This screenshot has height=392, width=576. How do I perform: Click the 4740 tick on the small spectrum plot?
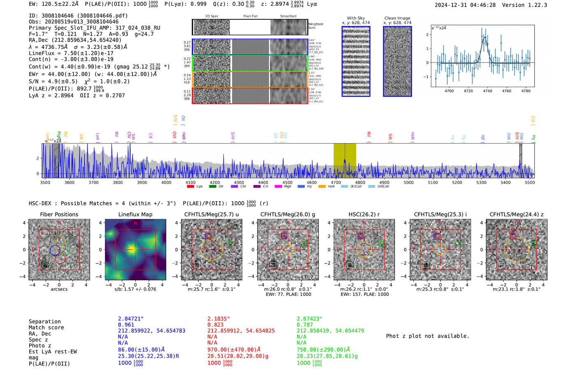click(488, 91)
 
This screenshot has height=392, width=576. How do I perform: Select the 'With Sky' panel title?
click(356, 18)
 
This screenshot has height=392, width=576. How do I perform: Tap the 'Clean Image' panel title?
click(397, 18)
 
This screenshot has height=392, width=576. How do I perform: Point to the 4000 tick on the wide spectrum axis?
click(166, 182)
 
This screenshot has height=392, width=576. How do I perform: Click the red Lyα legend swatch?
click(190, 186)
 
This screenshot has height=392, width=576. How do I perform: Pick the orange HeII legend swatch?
click(322, 186)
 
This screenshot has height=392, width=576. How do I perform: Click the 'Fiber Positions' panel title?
click(59, 214)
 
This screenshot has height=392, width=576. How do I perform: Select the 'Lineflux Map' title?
click(135, 214)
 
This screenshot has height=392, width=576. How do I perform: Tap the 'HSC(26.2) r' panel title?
click(364, 214)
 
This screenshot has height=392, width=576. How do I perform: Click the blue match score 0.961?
click(126, 325)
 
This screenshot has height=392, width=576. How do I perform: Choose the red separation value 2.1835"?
click(218, 319)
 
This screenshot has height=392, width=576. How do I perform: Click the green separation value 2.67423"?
click(309, 319)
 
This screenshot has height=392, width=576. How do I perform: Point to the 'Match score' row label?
click(46, 327)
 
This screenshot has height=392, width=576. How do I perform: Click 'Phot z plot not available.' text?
click(427, 336)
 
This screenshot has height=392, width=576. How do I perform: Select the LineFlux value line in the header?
click(71, 53)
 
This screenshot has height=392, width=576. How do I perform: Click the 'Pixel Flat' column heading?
click(250, 16)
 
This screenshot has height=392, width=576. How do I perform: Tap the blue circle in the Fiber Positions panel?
click(54, 251)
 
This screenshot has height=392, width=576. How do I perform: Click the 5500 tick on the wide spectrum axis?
click(530, 182)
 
